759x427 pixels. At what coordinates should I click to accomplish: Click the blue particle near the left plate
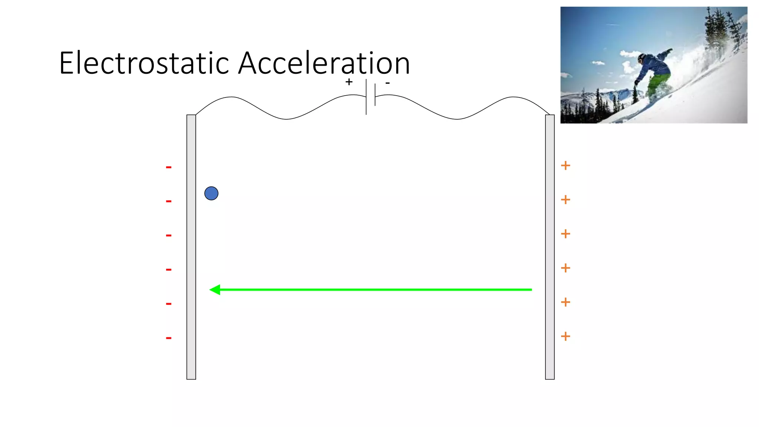(211, 193)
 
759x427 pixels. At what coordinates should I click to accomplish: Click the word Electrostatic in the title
(144, 63)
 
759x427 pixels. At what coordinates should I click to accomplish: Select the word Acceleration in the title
(324, 63)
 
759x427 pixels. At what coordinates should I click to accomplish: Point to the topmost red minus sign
(169, 168)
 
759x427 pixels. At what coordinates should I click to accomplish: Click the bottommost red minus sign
(169, 338)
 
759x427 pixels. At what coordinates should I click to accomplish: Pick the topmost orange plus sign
(565, 166)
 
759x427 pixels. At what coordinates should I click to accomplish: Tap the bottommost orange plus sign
(565, 336)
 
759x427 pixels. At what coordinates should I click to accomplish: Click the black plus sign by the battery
(349, 82)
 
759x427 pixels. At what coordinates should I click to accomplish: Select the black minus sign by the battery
(387, 83)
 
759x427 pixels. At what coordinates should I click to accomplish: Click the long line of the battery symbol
(366, 96)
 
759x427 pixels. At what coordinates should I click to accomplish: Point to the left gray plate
(191, 247)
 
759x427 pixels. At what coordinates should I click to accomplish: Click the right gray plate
(550, 247)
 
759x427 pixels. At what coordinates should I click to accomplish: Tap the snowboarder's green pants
(658, 83)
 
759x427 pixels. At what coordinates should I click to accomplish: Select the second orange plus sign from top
(565, 200)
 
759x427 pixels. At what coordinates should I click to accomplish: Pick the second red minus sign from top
(169, 202)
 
